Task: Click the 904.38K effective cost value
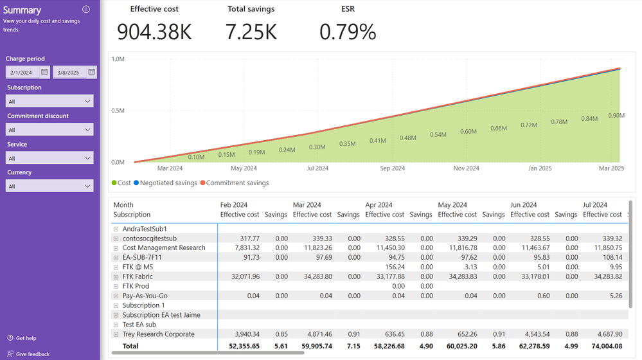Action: click(x=154, y=32)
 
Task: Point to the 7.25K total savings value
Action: click(x=251, y=32)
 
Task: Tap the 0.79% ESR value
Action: click(x=348, y=32)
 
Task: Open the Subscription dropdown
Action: click(x=49, y=101)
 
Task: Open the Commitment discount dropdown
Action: click(x=49, y=130)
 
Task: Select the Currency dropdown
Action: click(x=49, y=186)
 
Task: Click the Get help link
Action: click(x=26, y=338)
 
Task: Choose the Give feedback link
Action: click(x=32, y=354)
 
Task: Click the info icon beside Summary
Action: click(x=86, y=10)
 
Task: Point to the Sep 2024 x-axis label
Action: click(x=393, y=168)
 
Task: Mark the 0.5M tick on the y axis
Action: click(x=118, y=111)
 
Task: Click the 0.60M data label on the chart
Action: click(x=468, y=132)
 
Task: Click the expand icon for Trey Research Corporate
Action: click(x=116, y=334)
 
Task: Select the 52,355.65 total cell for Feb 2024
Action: click(x=240, y=346)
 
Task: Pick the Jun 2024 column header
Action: click(x=524, y=205)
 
